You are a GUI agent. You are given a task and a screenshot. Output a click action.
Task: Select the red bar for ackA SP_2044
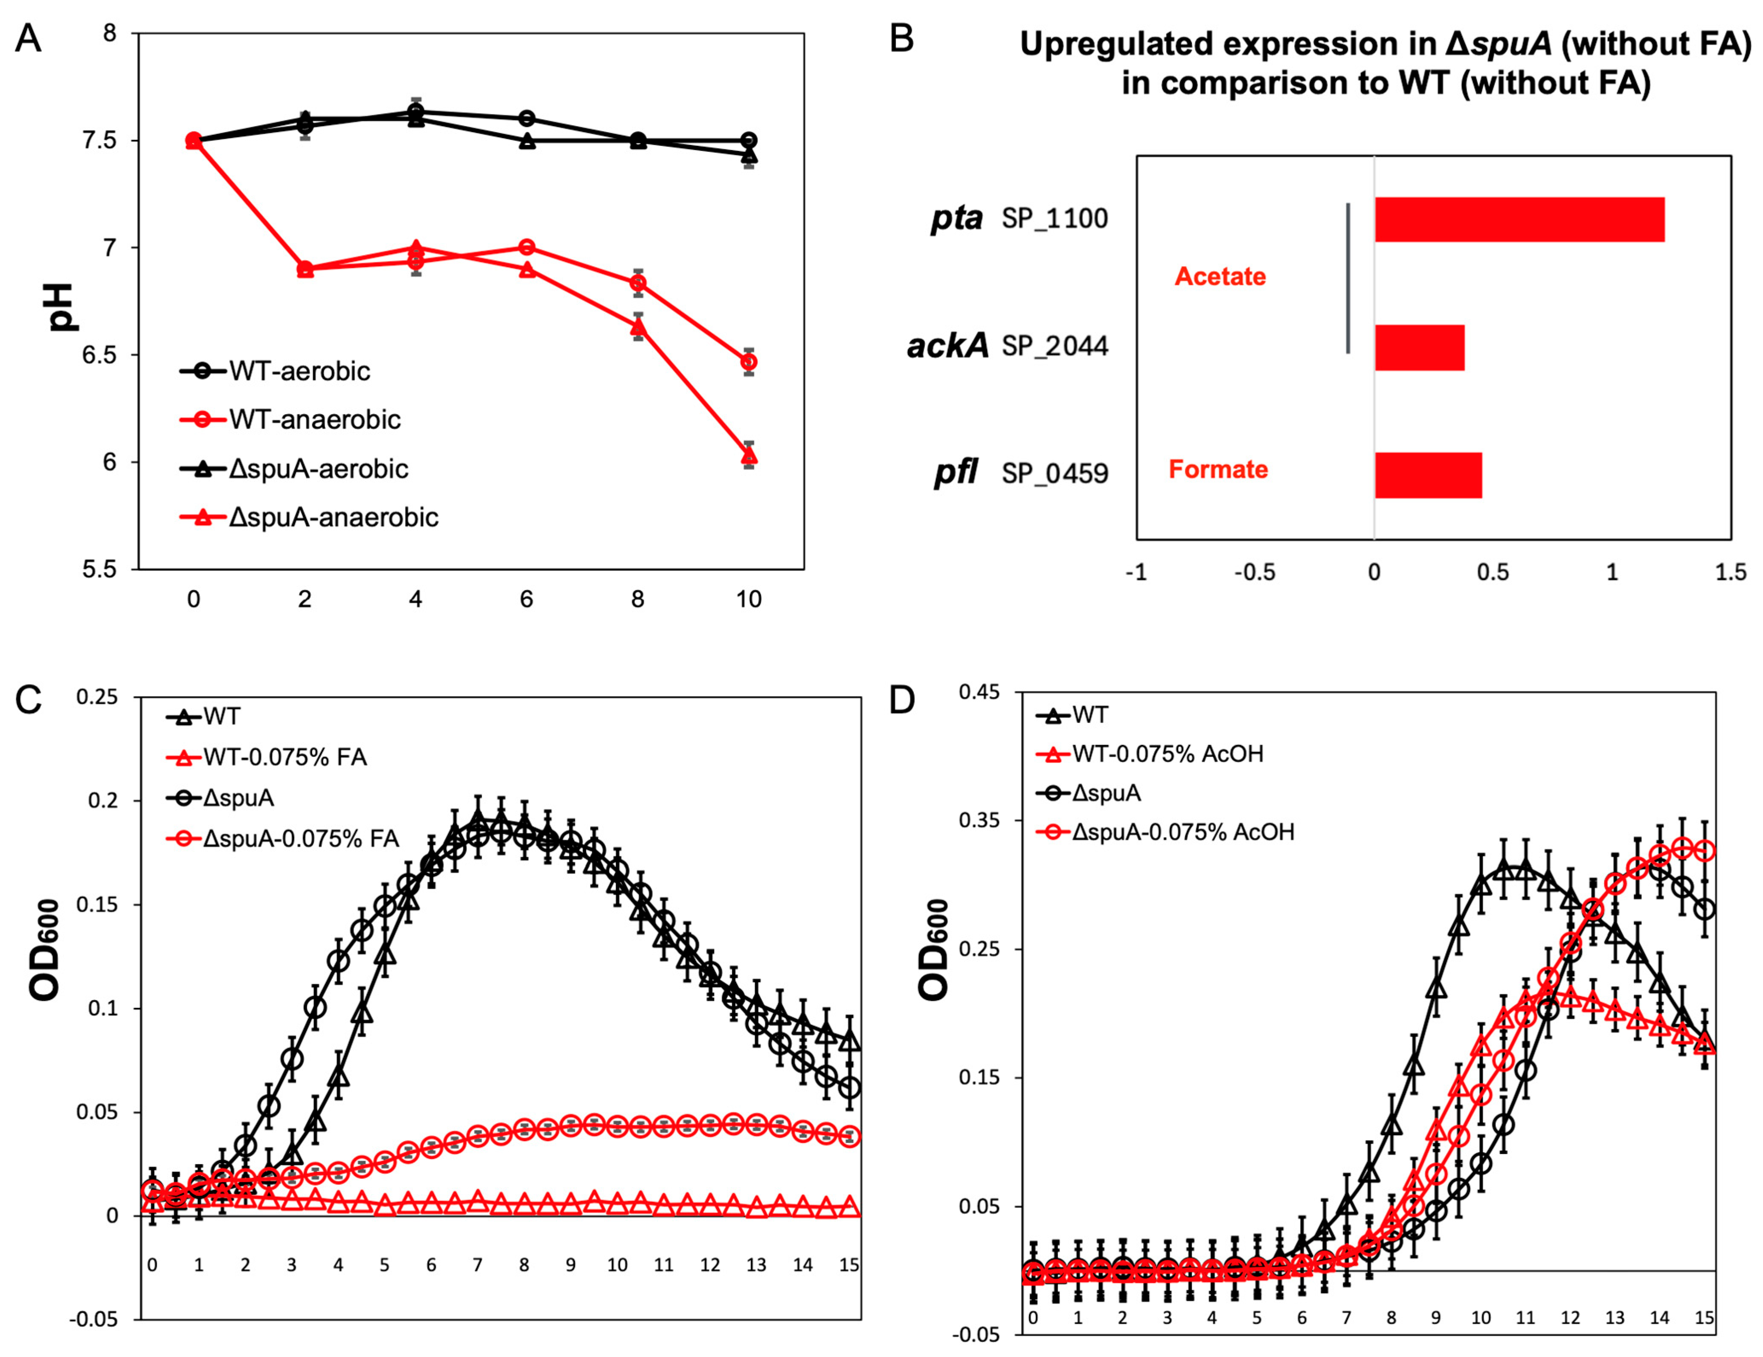(x=1419, y=347)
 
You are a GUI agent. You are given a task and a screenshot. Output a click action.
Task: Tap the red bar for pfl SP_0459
(x=1428, y=475)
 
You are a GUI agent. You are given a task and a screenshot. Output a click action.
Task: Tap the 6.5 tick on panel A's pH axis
(x=99, y=355)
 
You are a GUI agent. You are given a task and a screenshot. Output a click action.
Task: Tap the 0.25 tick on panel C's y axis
(x=97, y=697)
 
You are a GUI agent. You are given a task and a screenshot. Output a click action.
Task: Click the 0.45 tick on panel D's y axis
(x=979, y=692)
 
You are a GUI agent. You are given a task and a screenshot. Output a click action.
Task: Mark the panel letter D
(x=902, y=700)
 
